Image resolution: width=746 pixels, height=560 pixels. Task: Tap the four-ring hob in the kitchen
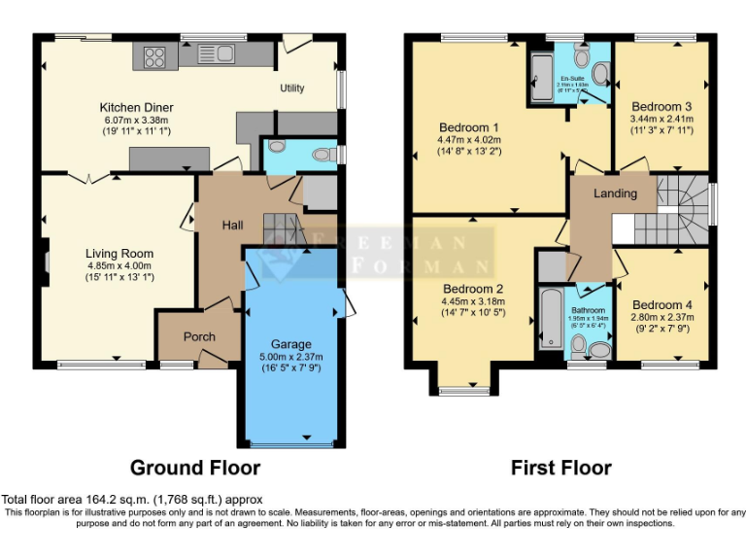(x=153, y=55)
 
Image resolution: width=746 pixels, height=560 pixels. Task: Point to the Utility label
(x=292, y=88)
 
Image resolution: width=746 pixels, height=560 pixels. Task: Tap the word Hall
(x=232, y=225)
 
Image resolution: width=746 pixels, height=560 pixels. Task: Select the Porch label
(x=199, y=336)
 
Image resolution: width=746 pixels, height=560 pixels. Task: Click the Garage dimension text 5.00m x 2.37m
(x=290, y=357)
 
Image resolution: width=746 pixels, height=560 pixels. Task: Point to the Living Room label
(x=119, y=254)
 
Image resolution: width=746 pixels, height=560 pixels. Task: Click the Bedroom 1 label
(x=468, y=127)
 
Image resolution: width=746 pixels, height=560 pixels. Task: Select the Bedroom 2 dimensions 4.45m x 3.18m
(x=473, y=301)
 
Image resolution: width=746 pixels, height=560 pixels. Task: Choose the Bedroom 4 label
(x=661, y=305)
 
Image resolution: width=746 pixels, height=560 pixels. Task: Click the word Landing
(x=615, y=193)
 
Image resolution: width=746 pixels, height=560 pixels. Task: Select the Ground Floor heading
(x=194, y=468)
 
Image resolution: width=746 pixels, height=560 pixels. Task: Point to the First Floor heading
(x=561, y=468)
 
